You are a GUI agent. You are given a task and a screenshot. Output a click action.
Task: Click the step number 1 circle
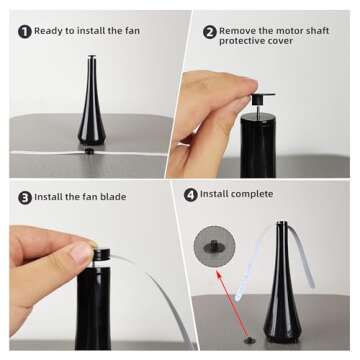point(24,31)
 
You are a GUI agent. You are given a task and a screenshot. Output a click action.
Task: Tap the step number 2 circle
point(209,31)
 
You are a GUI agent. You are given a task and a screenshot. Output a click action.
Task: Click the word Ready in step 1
point(49,31)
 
